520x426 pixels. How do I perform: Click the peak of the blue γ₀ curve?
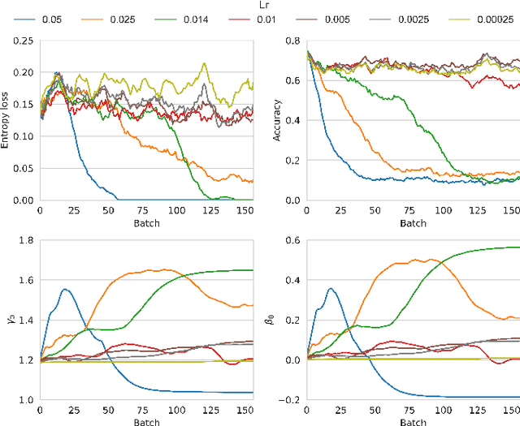pyautogui.click(x=65, y=290)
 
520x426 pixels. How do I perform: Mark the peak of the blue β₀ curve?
pyautogui.click(x=330, y=288)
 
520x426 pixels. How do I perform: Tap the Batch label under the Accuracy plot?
pyautogui.click(x=412, y=223)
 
